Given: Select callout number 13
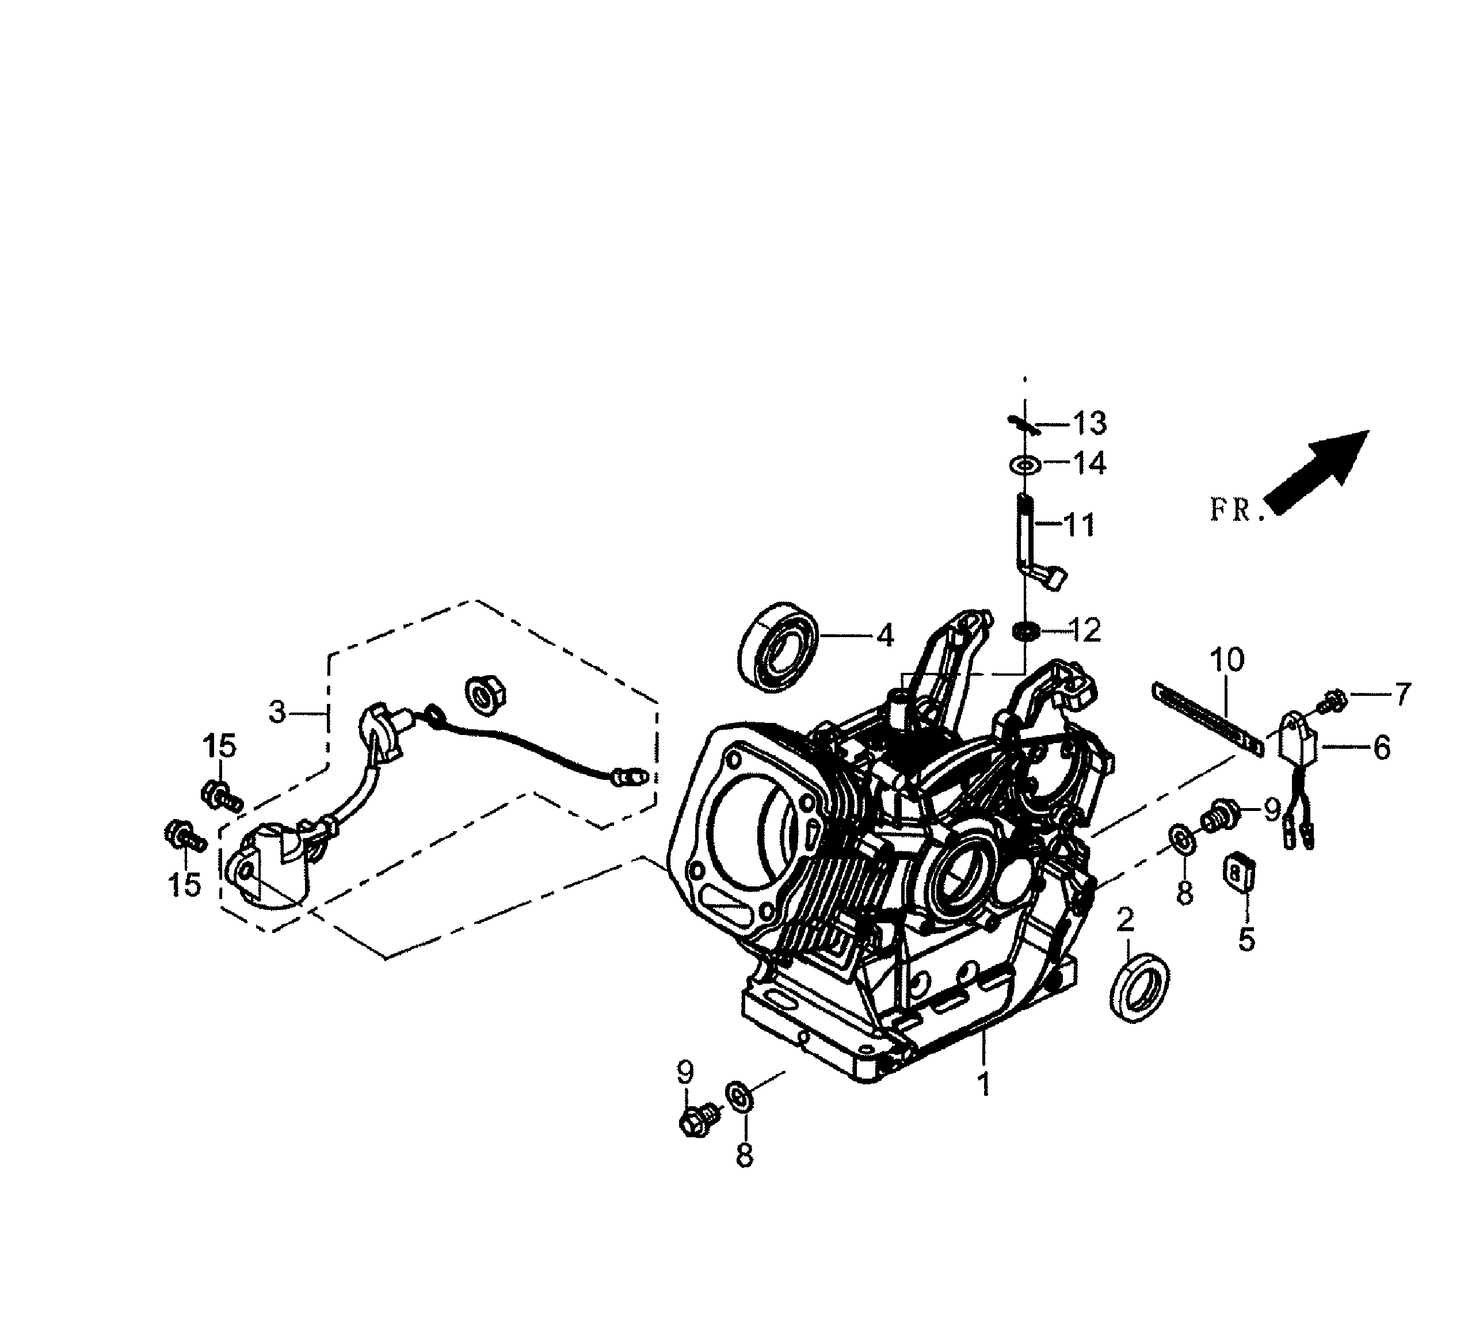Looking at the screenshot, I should coord(1089,423).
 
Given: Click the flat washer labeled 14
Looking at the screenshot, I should coord(1024,463).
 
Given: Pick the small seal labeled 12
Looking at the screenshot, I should coord(1024,631).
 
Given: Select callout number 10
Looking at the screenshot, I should coord(1226,660).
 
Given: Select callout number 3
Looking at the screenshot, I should coord(277,713).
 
